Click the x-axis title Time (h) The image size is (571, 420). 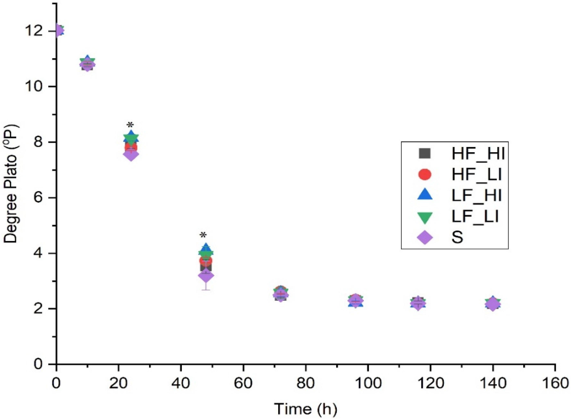(x=305, y=409)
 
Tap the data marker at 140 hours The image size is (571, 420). (x=493, y=304)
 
